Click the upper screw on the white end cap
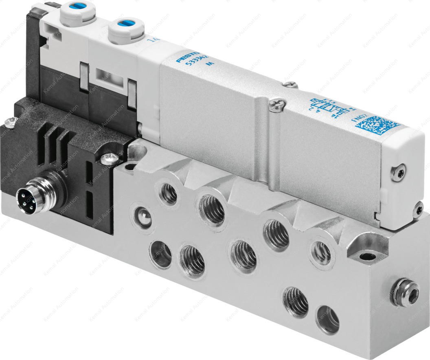[397, 172]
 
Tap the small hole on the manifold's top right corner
[368, 257]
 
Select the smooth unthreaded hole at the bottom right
[328, 318]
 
